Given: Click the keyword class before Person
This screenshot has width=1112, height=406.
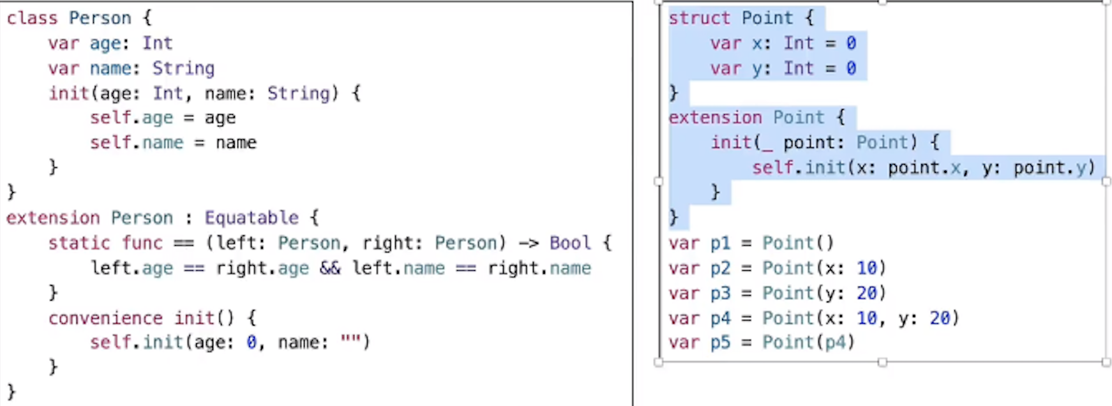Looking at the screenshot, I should pos(32,18).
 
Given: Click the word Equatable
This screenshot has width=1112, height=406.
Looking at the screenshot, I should pos(252,218).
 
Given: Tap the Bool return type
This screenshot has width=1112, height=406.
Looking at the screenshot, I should pos(570,243).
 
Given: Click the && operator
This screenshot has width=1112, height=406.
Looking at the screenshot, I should pos(330,268).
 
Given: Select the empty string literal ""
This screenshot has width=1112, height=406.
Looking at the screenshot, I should pos(350,342).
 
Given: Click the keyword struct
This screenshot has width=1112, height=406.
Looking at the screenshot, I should pos(699,18).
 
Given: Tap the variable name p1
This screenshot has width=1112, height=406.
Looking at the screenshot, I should pos(720,243).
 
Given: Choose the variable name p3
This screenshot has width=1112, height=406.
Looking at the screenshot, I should pos(720,293).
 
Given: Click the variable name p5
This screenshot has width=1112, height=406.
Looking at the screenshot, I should pos(720,343).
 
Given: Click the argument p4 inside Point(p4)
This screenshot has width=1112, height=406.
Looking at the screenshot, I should pos(835,343).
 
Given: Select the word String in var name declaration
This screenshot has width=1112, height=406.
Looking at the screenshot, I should pos(183,68).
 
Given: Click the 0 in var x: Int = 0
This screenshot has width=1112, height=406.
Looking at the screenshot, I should pos(851,43).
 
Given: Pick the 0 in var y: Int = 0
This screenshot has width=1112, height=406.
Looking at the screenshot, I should pos(851,68).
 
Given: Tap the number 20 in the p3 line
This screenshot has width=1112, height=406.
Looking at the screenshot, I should pos(867,293).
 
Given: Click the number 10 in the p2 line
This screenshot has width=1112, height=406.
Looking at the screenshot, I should pos(867,268).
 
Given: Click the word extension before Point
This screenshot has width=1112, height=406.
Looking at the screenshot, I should pos(715,118).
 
